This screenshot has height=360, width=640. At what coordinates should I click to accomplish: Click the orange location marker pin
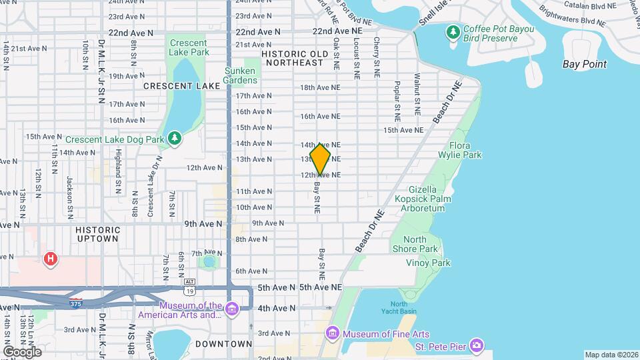point(320,159)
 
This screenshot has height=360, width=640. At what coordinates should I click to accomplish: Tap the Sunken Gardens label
point(240,75)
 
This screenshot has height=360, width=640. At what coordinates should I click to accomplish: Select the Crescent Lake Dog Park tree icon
point(175,138)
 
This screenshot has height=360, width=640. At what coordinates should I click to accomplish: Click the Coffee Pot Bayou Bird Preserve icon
point(454,31)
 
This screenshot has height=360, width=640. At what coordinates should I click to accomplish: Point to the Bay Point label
point(584,64)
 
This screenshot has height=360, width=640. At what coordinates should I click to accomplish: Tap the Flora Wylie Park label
point(465,150)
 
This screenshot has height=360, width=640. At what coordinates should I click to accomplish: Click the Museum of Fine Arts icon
point(333,333)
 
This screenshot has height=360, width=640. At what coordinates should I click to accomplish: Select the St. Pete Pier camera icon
point(477,345)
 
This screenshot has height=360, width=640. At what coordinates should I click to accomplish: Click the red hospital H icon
point(50,259)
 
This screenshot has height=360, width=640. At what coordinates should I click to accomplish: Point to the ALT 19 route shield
point(190,287)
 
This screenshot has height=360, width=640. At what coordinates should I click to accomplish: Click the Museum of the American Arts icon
point(232,309)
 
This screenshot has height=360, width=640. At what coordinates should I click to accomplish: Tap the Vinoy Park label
point(428,263)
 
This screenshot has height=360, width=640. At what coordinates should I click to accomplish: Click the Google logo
point(22,351)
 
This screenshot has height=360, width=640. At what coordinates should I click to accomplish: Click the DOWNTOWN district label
point(224,344)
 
